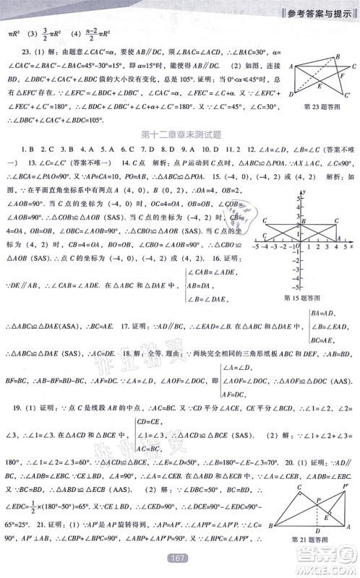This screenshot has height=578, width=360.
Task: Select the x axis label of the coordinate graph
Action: click(351, 246)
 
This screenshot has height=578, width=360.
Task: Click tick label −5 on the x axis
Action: click(254, 247)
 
